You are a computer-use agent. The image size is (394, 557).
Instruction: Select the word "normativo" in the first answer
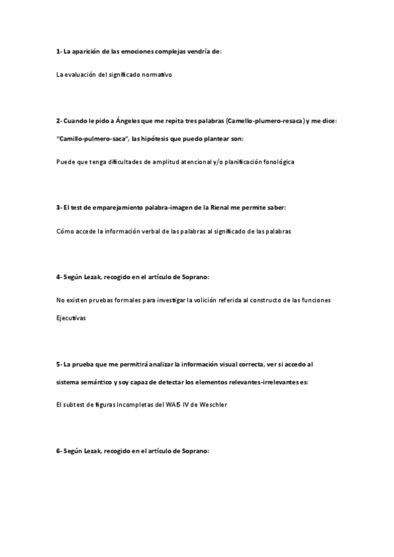tap(157, 75)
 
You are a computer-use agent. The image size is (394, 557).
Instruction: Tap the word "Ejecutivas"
tap(71, 319)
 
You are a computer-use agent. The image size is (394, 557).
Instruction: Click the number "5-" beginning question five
tap(59, 364)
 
